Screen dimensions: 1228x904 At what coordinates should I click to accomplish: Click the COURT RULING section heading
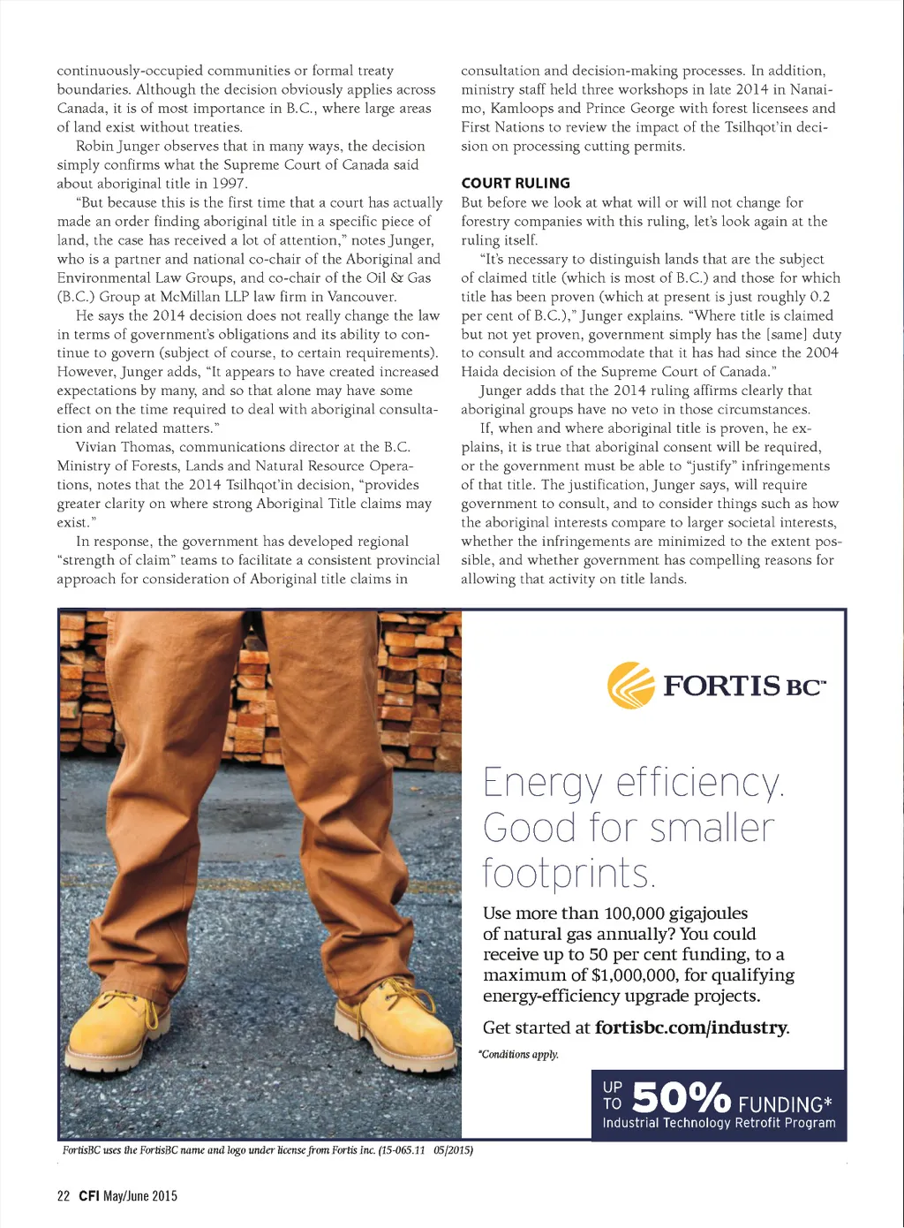(516, 183)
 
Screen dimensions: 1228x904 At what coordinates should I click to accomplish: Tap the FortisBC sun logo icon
(631, 685)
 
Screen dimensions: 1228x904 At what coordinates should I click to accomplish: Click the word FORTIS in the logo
(721, 686)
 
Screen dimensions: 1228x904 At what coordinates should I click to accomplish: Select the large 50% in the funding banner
(681, 1098)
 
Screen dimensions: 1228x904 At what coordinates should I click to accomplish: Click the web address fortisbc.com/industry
(690, 1027)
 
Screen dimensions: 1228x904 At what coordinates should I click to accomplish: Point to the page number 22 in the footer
(63, 1196)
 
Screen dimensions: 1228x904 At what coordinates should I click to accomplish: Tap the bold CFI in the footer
(88, 1196)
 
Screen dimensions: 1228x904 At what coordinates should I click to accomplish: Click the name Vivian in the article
(99, 447)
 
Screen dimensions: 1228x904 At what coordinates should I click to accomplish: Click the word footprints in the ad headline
(567, 874)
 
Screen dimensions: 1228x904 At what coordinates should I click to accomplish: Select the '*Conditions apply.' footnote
(519, 1054)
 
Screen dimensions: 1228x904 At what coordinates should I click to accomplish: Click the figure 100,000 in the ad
(625, 913)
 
